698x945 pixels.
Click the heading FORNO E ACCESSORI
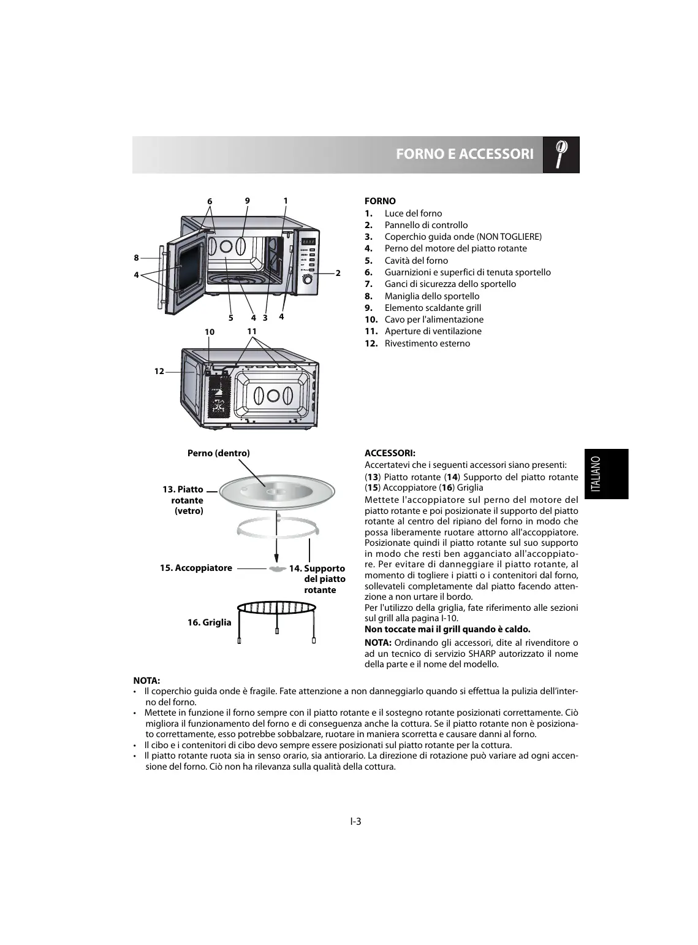click(x=464, y=154)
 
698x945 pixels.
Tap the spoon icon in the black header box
click(x=561, y=153)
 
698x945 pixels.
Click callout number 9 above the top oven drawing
click(x=248, y=201)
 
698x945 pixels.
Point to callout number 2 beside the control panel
click(x=338, y=273)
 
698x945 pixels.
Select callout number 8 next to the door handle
click(x=137, y=258)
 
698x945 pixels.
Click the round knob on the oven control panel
click(x=308, y=280)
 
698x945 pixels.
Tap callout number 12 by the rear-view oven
click(x=159, y=371)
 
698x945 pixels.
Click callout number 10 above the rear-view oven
click(x=210, y=332)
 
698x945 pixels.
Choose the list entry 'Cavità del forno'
click(x=415, y=261)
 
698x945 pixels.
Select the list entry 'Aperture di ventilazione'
click(x=433, y=331)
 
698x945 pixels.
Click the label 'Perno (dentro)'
click(x=218, y=453)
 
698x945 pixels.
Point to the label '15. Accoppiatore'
click(x=196, y=568)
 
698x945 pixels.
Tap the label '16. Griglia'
click(x=210, y=622)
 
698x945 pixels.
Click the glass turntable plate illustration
click(x=278, y=492)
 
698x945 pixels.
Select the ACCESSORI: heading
click(x=390, y=453)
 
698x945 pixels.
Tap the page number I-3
click(x=355, y=822)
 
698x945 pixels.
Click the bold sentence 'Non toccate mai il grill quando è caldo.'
click(x=447, y=629)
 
